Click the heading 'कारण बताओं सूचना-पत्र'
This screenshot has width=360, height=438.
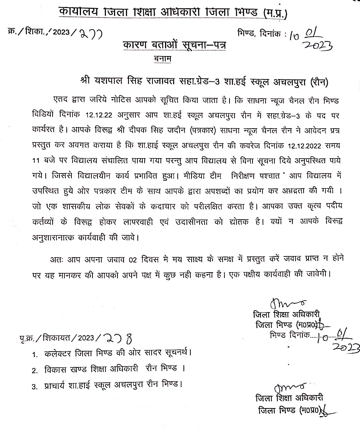tap(174, 45)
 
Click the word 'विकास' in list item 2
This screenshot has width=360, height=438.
tap(55, 370)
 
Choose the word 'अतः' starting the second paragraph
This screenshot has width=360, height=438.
tap(56, 259)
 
